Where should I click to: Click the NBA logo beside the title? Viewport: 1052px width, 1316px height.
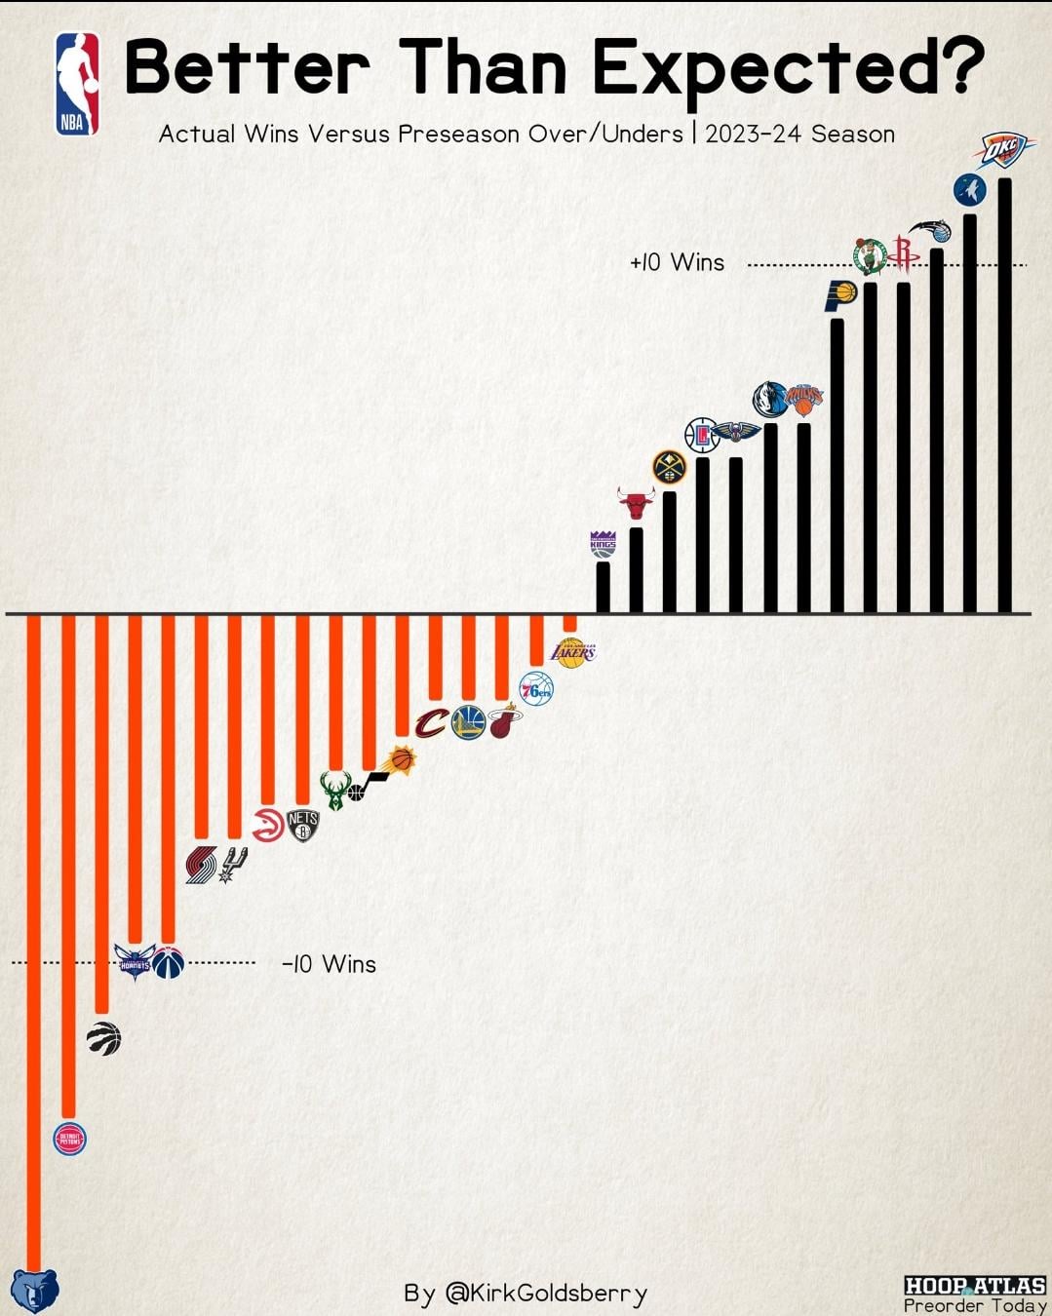pyautogui.click(x=77, y=83)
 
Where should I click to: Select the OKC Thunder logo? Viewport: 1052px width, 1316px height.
pyautogui.click(x=1004, y=150)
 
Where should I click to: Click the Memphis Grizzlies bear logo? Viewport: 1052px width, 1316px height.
pyautogui.click(x=35, y=1291)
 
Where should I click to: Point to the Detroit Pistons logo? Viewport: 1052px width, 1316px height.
pyautogui.click(x=69, y=1139)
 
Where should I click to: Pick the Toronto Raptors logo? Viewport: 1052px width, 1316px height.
pyautogui.click(x=103, y=1038)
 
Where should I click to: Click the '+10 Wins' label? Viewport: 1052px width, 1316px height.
pyautogui.click(x=678, y=262)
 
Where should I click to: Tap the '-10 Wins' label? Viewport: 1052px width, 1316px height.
pyautogui.click(x=329, y=964)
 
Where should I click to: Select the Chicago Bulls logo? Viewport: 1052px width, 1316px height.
pyautogui.click(x=636, y=504)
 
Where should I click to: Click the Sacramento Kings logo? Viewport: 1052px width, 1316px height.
pyautogui.click(x=604, y=544)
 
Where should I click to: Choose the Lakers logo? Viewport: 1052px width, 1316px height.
pyautogui.click(x=572, y=651)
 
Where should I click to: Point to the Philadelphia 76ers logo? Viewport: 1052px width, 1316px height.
pyautogui.click(x=535, y=689)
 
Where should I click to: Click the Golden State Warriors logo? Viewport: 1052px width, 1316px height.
pyautogui.click(x=468, y=721)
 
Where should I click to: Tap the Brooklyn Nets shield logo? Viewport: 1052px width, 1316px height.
pyautogui.click(x=303, y=826)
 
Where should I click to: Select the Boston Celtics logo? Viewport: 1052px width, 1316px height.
pyautogui.click(x=869, y=256)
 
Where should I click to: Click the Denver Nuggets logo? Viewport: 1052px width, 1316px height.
pyautogui.click(x=669, y=468)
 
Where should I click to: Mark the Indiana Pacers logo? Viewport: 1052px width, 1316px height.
pyautogui.click(x=839, y=294)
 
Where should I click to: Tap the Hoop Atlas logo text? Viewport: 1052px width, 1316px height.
pyautogui.click(x=974, y=1286)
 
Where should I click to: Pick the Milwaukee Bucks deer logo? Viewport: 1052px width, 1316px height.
pyautogui.click(x=334, y=790)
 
